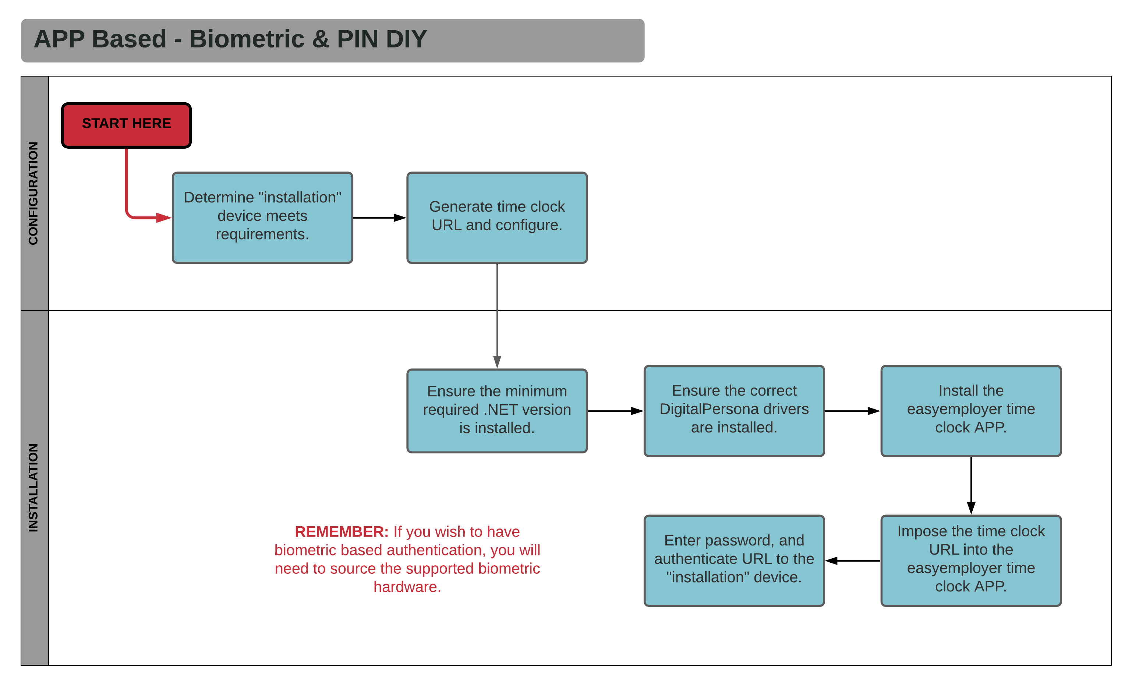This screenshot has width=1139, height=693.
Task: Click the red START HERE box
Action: [x=126, y=125]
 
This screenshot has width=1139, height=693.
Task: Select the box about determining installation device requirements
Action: [x=262, y=218]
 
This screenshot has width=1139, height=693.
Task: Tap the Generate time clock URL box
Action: [x=497, y=218]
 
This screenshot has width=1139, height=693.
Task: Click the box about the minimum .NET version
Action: [x=497, y=410]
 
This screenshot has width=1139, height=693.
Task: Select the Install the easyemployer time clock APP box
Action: [x=971, y=410]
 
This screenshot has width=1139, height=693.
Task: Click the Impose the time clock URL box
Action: [x=971, y=560]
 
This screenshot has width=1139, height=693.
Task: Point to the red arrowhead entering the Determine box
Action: [x=163, y=218]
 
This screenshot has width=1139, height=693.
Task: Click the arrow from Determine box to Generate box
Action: [x=379, y=218]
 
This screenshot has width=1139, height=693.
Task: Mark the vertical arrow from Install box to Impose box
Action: [x=971, y=485]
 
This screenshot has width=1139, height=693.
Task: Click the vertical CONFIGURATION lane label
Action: [x=33, y=193]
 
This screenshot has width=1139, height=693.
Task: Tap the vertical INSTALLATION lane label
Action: [x=33, y=488]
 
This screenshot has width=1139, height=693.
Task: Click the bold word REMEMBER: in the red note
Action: [x=342, y=532]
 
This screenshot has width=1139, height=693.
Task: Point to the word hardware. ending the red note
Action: [x=407, y=587]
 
